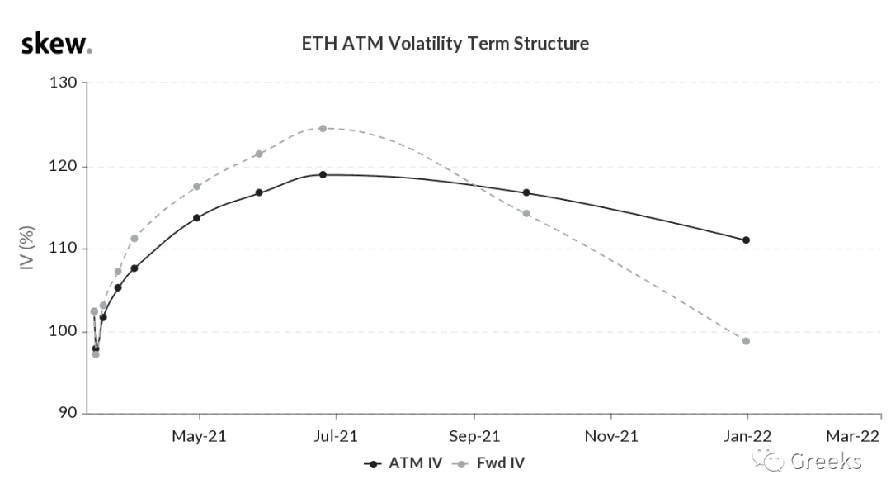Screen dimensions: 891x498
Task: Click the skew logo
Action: [56, 44]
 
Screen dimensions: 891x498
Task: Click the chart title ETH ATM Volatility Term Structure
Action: [445, 44]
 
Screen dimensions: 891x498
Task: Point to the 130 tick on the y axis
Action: [63, 83]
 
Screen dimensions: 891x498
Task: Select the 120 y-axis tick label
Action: [63, 166]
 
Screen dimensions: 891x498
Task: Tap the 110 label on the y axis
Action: [63, 248]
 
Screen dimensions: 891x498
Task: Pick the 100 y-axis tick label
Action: [63, 330]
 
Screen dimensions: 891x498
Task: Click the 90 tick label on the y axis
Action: [68, 413]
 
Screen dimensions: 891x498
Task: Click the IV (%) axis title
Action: [27, 248]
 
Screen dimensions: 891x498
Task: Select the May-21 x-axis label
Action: [199, 437]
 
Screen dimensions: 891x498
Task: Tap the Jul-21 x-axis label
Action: [336, 437]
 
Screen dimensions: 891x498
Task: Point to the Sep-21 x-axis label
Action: [474, 437]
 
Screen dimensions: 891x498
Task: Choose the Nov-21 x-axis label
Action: [611, 437]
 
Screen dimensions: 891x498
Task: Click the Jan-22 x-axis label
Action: [747, 437]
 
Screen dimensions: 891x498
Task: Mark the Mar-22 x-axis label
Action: [852, 437]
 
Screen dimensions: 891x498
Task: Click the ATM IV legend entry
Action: [403, 463]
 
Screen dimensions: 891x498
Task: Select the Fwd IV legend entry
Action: [488, 463]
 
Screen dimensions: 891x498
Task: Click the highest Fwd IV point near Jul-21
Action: [323, 129]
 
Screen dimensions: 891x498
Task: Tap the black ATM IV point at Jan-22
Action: [746, 240]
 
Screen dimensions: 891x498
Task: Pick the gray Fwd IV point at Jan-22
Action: [746, 341]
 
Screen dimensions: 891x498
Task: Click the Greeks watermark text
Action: [826, 461]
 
